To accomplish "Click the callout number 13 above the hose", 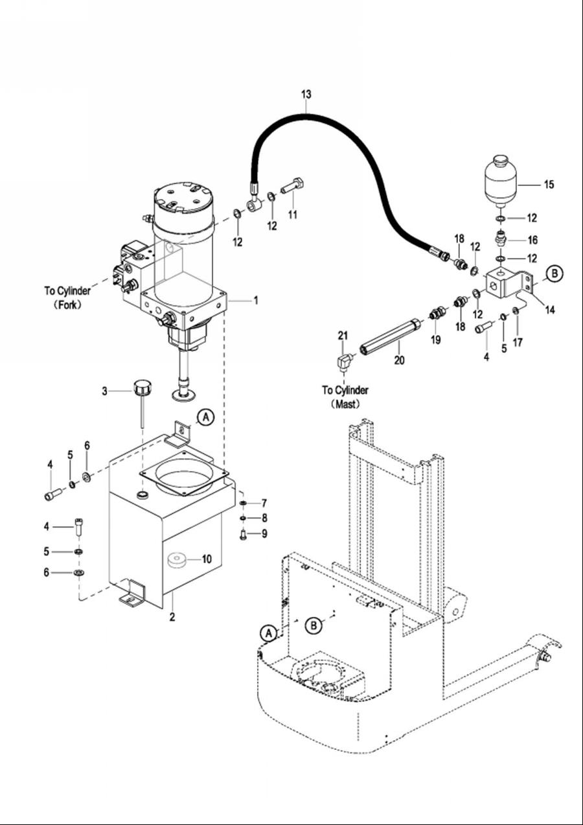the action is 306,95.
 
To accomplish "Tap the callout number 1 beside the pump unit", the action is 256,301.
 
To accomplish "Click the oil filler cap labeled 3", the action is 143,389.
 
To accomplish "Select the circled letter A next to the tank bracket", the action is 206,417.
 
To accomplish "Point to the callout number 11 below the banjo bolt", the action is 293,215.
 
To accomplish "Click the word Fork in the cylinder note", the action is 68,305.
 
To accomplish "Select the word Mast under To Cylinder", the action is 346,404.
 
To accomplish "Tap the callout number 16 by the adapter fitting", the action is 532,240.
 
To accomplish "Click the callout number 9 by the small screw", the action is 265,533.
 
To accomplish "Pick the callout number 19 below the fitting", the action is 435,340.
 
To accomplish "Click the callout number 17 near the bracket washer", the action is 518,343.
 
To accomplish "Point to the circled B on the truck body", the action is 314,625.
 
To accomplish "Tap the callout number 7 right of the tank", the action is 264,503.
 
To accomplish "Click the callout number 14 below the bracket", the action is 550,310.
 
